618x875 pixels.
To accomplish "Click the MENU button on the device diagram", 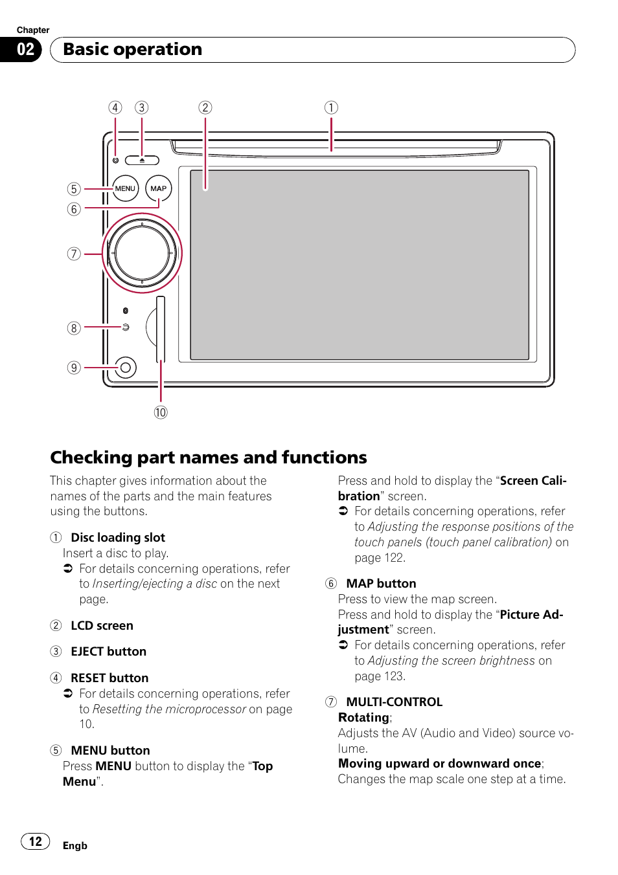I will click(125, 188).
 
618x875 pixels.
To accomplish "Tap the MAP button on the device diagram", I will click(158, 188).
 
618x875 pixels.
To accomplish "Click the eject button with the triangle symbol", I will click(142, 160).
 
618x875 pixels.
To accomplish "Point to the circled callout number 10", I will click(161, 412).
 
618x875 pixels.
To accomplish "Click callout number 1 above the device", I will click(331, 107).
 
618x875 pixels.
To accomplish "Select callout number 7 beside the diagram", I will click(74, 254).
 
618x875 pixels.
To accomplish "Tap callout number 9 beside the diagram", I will click(74, 368).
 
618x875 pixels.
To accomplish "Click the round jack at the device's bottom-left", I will click(126, 368).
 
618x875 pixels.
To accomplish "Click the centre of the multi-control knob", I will click(142, 253).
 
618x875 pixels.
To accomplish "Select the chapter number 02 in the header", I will click(25, 49).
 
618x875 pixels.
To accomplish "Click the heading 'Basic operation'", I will click(133, 49).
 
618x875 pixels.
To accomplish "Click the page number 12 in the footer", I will click(36, 841).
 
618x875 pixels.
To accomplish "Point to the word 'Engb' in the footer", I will click(75, 845).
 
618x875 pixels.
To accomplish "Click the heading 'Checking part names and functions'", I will click(209, 457).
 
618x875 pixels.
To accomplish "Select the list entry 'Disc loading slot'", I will click(118, 537).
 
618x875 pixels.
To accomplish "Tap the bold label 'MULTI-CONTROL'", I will click(394, 702).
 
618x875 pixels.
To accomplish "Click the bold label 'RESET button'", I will click(109, 678).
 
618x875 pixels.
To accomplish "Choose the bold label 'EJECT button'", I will click(108, 651).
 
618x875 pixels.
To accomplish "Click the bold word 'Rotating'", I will click(364, 717).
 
